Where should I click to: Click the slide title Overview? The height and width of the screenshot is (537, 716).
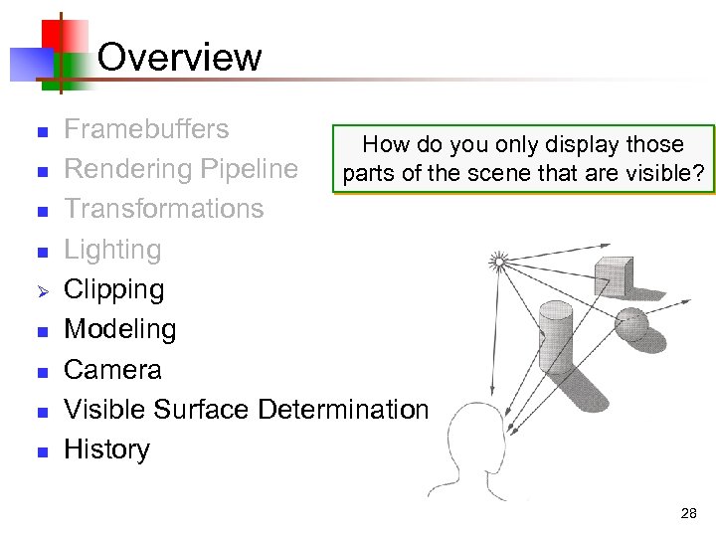click(179, 57)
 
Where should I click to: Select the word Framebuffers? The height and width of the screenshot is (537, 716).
click(146, 129)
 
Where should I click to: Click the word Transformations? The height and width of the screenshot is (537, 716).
click(163, 209)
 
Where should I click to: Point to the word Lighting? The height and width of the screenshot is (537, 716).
click(111, 250)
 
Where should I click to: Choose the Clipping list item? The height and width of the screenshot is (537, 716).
click(113, 289)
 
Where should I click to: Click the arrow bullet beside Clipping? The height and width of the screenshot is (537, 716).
click(42, 291)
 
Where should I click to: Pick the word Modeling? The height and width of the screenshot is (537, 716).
click(119, 329)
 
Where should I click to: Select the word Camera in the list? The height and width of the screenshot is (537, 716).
click(112, 369)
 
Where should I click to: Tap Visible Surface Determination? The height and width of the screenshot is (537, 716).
click(246, 409)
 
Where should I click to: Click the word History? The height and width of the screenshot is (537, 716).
click(106, 448)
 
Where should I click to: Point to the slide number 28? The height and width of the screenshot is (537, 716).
click(688, 514)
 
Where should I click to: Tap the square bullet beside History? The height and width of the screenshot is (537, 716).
click(42, 451)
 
